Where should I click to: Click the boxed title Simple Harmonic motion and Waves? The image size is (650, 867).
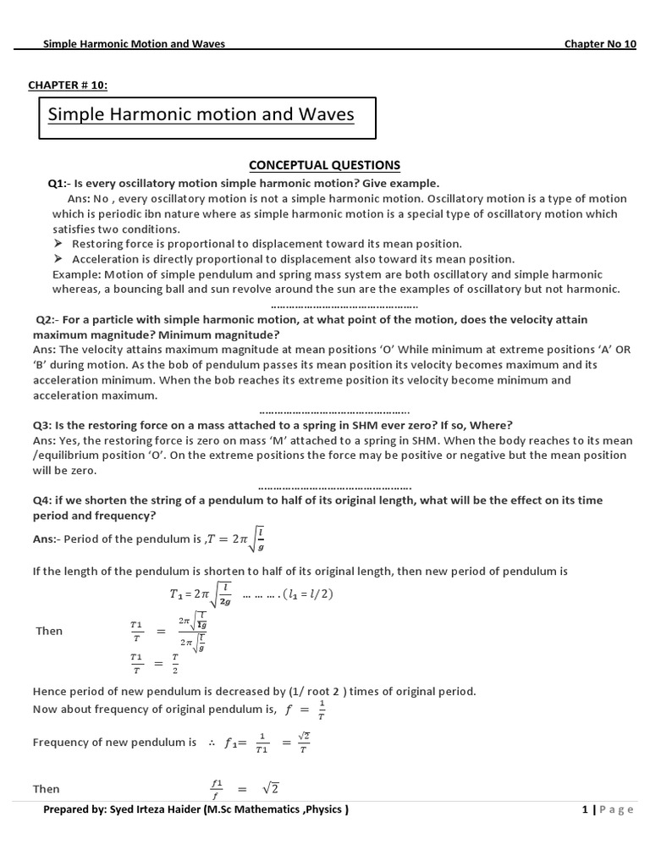201,114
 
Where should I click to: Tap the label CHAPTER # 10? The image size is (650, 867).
69,85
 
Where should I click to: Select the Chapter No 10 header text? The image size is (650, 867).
599,44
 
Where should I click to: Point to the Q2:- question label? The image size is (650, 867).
49,319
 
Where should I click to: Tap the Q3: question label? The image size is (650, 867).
43,424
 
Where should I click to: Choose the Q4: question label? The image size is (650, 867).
43,500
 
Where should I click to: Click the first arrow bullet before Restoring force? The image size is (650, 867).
58,244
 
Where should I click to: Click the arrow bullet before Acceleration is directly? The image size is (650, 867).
58,259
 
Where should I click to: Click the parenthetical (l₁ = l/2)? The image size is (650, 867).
300,594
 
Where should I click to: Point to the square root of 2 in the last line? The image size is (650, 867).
270,788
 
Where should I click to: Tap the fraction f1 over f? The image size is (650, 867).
217,789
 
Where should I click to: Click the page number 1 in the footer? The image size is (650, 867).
584,809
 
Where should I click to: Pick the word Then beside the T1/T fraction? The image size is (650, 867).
49,631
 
